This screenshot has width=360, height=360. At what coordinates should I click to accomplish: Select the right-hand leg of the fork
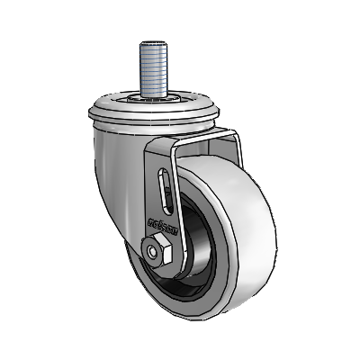coord(236,148)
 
